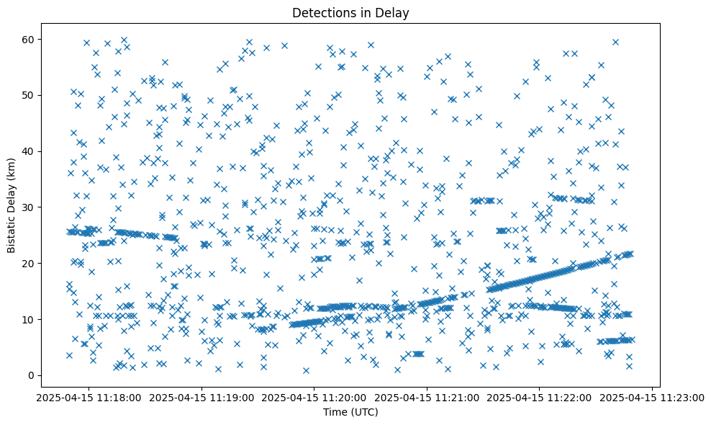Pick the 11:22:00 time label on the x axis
[540, 397]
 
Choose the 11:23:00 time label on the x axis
[653, 397]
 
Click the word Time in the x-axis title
[332, 412]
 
